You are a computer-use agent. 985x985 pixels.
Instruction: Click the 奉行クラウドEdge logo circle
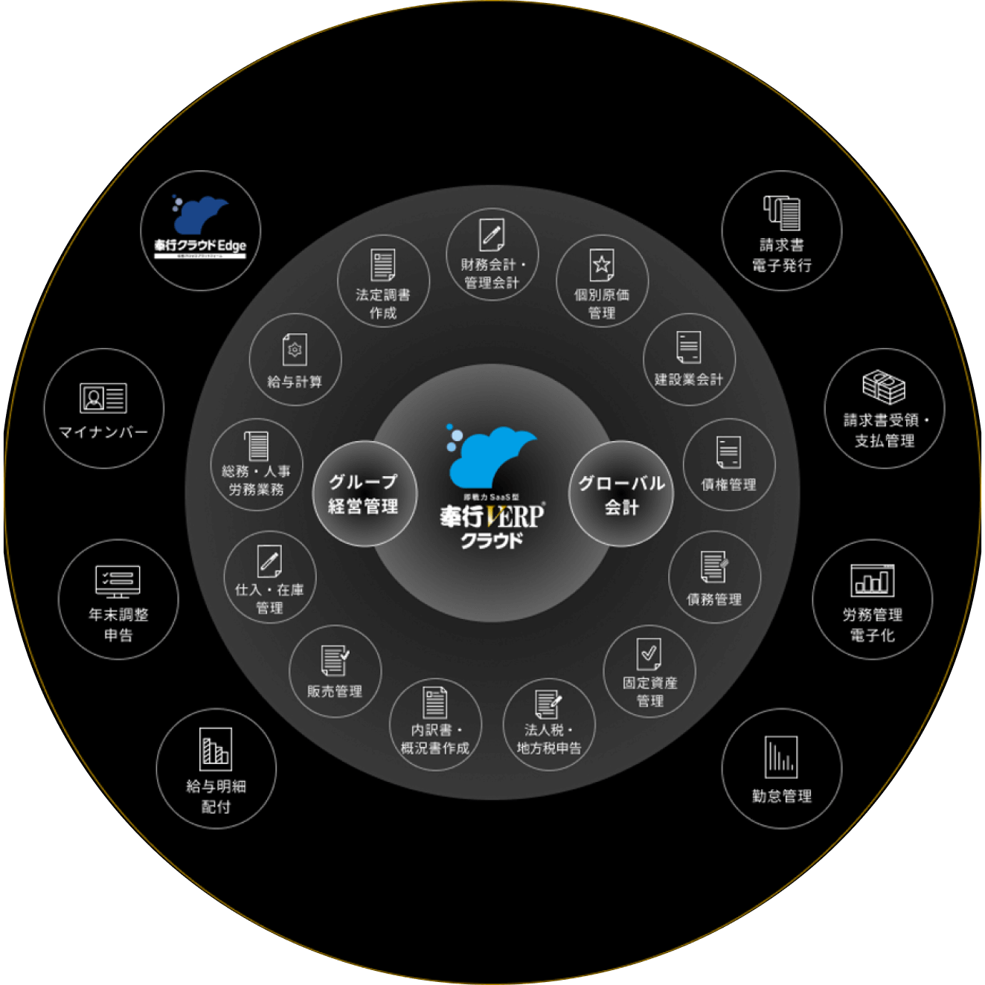coord(201,231)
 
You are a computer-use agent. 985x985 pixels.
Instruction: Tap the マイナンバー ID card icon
coord(103,397)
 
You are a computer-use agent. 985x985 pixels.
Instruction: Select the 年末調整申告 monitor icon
coord(118,581)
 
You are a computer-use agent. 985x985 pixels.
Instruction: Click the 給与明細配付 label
coord(216,796)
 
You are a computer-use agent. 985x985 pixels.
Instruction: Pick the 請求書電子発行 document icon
coord(782,213)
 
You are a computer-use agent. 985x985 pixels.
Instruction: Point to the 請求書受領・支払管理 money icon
coord(884,387)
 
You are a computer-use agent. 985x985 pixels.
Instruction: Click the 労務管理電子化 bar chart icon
coord(872,580)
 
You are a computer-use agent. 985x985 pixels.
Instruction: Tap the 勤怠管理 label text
coord(781,796)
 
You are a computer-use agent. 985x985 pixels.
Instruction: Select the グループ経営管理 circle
coord(364,494)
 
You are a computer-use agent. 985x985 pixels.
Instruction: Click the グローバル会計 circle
coord(621,494)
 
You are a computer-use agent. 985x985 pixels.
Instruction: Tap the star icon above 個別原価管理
coord(602,264)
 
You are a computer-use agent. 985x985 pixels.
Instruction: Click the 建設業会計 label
coord(688,379)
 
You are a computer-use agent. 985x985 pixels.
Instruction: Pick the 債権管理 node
coord(729,465)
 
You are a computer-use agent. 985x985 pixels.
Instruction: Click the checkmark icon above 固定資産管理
coord(649,654)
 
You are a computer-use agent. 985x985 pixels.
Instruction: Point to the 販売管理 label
coord(335,691)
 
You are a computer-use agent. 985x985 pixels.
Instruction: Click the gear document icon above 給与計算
coord(295,350)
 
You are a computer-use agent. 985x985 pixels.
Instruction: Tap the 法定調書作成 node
coord(383,281)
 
